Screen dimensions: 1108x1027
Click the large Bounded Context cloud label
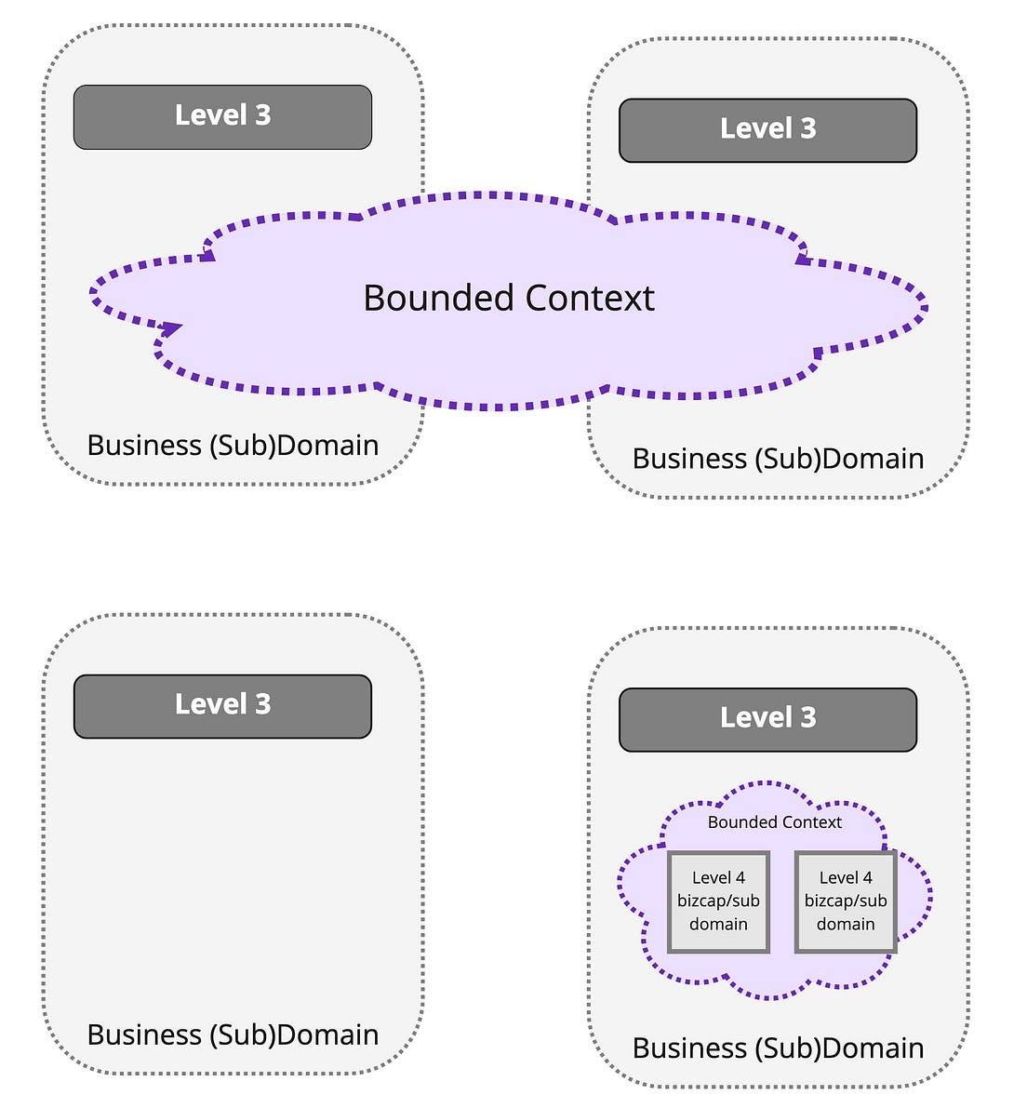(x=509, y=299)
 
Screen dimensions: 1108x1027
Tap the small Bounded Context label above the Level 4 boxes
(x=774, y=822)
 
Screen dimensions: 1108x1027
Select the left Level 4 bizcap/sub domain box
(x=718, y=901)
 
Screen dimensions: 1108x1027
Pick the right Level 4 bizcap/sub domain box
(x=846, y=901)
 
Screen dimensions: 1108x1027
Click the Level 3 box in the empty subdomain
(x=222, y=706)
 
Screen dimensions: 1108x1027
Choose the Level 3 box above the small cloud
(x=767, y=719)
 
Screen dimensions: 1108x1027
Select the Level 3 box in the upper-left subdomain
(x=222, y=116)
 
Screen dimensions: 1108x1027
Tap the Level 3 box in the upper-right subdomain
(x=767, y=130)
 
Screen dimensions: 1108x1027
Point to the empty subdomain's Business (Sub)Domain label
(x=233, y=1035)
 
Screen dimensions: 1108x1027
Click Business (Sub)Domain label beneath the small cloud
(x=778, y=1048)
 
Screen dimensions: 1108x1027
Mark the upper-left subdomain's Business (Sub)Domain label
(x=233, y=446)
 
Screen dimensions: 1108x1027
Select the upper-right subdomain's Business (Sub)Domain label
(x=778, y=459)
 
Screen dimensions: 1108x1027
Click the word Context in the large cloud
(x=590, y=299)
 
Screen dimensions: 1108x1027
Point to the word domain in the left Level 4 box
(x=718, y=925)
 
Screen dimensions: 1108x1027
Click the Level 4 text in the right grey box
(x=846, y=878)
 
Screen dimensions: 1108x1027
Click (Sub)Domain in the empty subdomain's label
(x=294, y=1035)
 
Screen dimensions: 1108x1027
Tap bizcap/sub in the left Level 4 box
(x=718, y=901)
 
